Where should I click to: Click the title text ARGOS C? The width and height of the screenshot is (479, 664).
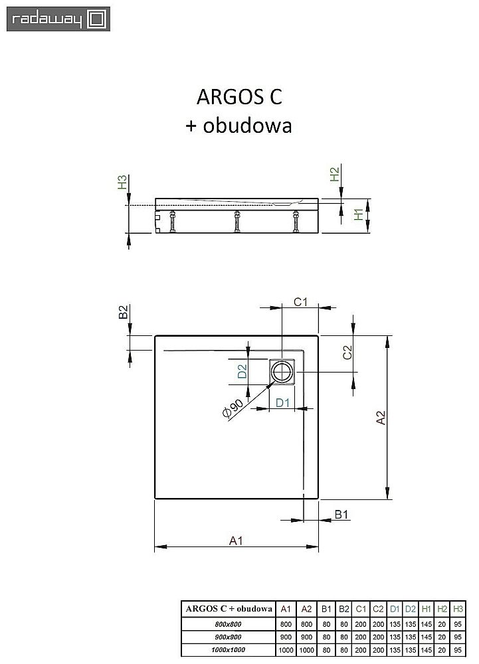click(x=239, y=97)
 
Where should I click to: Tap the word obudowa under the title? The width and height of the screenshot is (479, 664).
click(x=247, y=125)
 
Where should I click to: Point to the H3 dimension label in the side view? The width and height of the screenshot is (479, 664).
click(x=122, y=183)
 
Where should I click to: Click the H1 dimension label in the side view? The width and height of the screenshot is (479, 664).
click(x=359, y=215)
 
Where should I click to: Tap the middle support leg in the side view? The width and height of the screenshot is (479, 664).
click(x=236, y=222)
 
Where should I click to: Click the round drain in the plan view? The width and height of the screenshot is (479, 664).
click(x=284, y=372)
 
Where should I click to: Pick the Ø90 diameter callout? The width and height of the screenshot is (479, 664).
click(x=233, y=409)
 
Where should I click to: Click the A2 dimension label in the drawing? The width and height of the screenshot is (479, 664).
click(x=381, y=418)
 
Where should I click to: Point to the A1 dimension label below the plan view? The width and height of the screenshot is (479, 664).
click(x=235, y=540)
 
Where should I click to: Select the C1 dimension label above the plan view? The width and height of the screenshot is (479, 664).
click(x=300, y=303)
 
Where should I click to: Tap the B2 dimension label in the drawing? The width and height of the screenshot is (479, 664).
click(x=122, y=313)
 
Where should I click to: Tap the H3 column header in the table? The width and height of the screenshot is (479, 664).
click(x=457, y=608)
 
